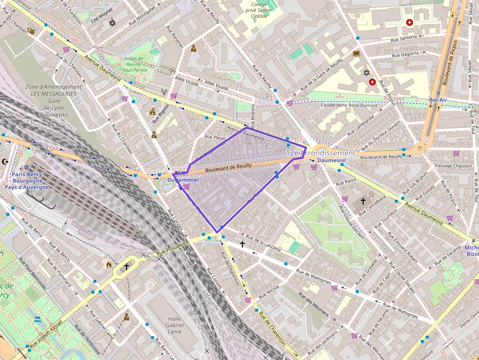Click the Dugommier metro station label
pyautogui.click(x=183, y=180)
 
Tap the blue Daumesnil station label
pyautogui.click(x=331, y=160)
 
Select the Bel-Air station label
pyautogui.click(x=438, y=100)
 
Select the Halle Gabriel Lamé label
pyautogui.click(x=174, y=325)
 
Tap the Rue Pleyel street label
pyautogui.click(x=215, y=137)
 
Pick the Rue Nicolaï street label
pyautogui.click(x=269, y=292)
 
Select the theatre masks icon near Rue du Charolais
pyautogui.click(x=31, y=31)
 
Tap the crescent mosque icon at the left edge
pyautogui.click(x=6, y=161)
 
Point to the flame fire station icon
pyautogui.click(x=109, y=264)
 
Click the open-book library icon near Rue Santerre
pyautogui.click(x=356, y=53)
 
